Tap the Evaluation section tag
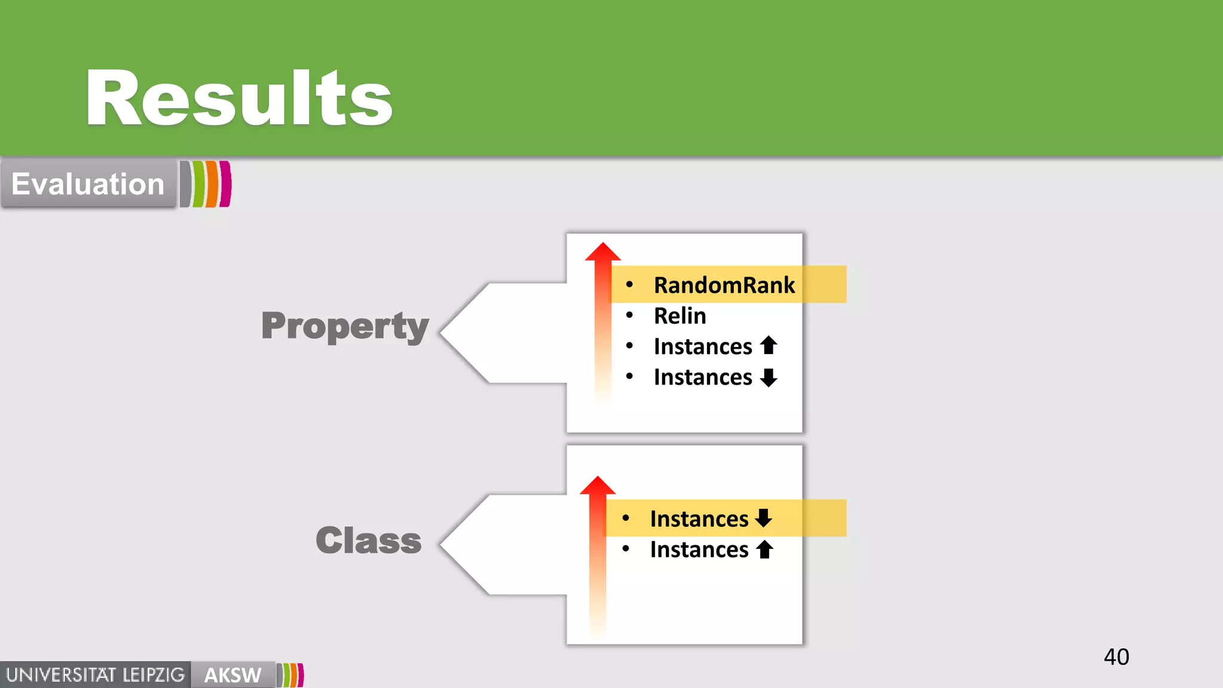[x=88, y=184]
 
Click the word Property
[x=345, y=326]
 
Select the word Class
[x=368, y=540]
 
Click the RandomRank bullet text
[x=724, y=285]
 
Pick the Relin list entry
[x=680, y=315]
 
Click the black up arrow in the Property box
[x=769, y=345]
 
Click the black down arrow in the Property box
[x=769, y=377]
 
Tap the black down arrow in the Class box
[x=764, y=518]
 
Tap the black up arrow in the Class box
[x=764, y=549]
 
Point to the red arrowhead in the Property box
[x=603, y=253]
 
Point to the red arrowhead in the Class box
[x=598, y=486]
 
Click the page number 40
[x=1116, y=657]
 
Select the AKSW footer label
[x=232, y=675]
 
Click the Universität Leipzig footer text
[x=96, y=675]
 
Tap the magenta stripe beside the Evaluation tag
[x=225, y=184]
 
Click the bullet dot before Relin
[x=629, y=315]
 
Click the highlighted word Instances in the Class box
[x=699, y=518]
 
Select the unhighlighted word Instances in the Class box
[x=699, y=549]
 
